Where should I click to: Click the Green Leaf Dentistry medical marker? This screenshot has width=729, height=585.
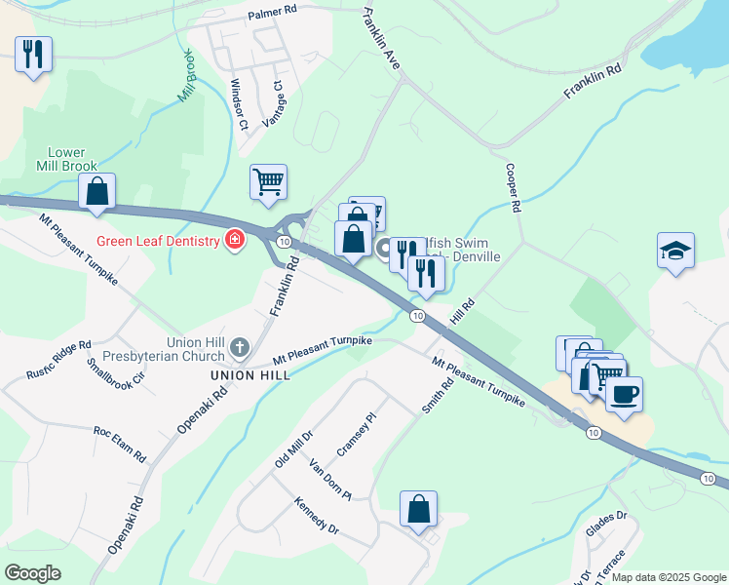[x=235, y=240]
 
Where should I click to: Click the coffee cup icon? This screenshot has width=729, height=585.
[x=624, y=393]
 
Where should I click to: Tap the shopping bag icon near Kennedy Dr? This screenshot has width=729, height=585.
[x=418, y=508]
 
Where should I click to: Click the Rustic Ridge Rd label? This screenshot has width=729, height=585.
[x=59, y=358]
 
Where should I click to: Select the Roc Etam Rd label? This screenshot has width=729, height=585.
[x=120, y=444]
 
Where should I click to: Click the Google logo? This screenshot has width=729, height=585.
[x=32, y=573]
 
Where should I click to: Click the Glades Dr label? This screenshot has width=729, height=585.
[x=606, y=526]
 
